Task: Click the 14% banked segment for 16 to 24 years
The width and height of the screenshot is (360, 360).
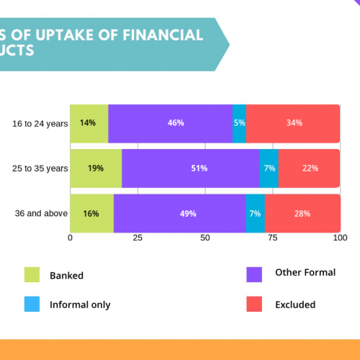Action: coord(89,124)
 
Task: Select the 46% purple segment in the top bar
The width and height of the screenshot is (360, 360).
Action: coord(171,124)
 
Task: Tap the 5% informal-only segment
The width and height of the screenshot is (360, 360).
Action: coord(239,124)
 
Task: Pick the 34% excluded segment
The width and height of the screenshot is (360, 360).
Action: coord(293,124)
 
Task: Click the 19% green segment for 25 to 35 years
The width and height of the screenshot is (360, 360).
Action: coord(96,168)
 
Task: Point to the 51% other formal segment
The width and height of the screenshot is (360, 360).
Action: coord(191,168)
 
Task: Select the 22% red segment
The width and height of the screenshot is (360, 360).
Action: coord(310,168)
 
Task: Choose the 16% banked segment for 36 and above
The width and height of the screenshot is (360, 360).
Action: coord(92,213)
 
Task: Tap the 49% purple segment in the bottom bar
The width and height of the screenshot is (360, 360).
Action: coord(180,213)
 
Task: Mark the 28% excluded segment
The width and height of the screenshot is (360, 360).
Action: coord(303,213)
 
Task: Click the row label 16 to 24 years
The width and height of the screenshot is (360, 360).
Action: coord(40,124)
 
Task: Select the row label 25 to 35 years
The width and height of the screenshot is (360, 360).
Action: coord(40,168)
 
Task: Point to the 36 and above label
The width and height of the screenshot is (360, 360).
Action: coord(41,213)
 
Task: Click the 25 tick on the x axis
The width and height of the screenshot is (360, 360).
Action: coord(138,238)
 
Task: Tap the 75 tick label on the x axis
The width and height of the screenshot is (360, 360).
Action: coord(273,238)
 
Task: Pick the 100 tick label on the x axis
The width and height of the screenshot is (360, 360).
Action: coord(340,238)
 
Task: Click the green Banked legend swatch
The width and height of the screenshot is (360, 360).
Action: coord(32,274)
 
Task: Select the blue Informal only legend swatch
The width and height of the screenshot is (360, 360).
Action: coord(32,304)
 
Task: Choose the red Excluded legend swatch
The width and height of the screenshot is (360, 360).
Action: coord(254,304)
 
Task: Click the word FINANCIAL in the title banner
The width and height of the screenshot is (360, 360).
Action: coord(163,35)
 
